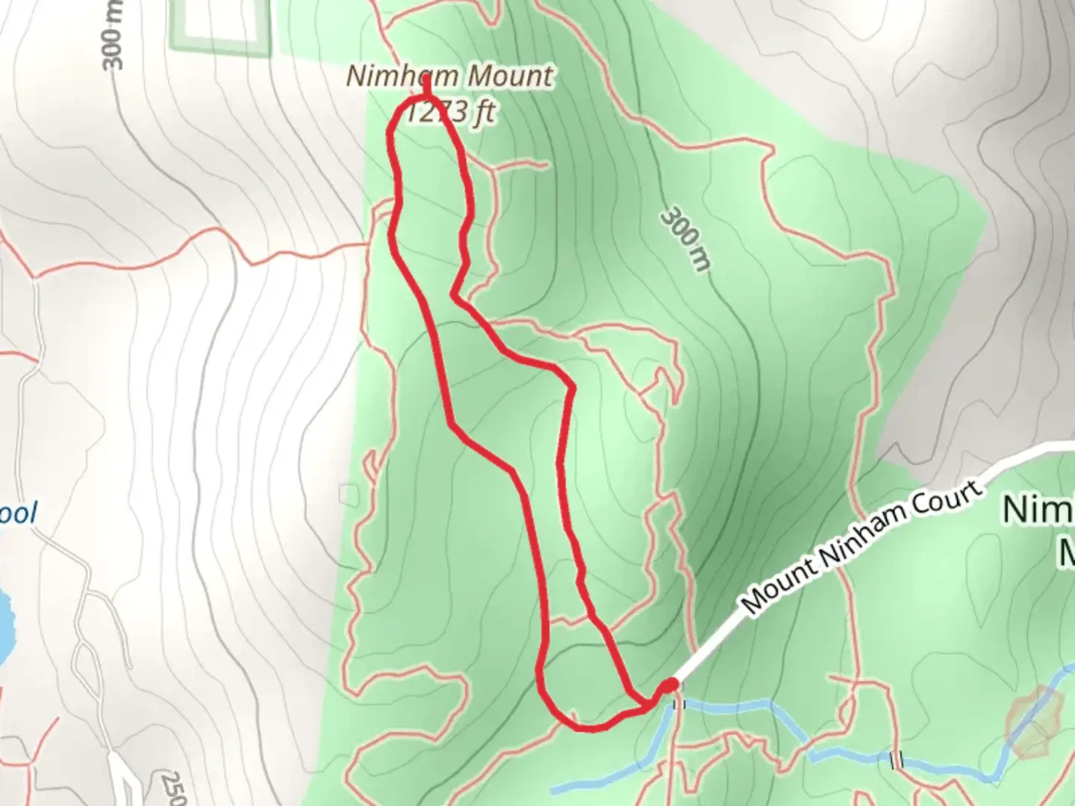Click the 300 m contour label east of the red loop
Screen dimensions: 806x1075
pyautogui.click(x=685, y=240)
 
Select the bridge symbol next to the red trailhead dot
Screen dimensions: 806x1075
pyautogui.click(x=679, y=704)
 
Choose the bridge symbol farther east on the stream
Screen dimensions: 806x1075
pyautogui.click(x=897, y=760)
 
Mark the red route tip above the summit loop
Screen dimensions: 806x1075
pyautogui.click(x=426, y=86)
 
